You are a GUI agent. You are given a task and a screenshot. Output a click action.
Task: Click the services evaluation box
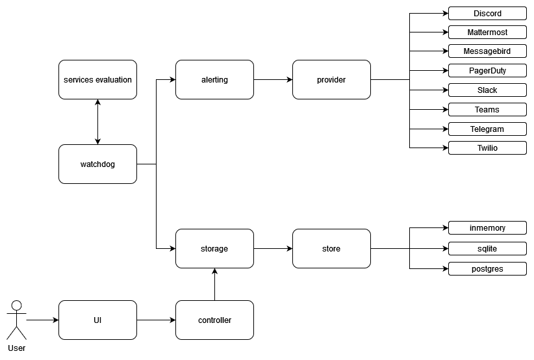[97, 80]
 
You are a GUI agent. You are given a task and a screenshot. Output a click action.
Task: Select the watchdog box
[97, 164]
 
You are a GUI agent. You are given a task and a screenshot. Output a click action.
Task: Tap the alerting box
[214, 80]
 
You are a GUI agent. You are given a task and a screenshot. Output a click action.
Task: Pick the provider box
[331, 80]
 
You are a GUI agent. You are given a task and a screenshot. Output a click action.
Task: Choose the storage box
[214, 248]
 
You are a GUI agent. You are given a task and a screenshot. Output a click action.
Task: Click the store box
[331, 248]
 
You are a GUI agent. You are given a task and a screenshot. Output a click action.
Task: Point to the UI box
[97, 320]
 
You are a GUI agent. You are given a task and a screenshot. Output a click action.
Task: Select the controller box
[214, 320]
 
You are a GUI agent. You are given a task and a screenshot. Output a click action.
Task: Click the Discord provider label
[487, 13]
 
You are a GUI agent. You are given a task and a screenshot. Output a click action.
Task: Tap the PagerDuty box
[487, 70]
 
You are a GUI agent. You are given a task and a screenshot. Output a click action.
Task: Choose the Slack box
[487, 90]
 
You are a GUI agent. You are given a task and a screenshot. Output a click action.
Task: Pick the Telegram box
[487, 129]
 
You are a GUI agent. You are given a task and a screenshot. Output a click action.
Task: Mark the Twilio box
[487, 148]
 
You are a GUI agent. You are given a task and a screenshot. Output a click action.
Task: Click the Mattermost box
[487, 32]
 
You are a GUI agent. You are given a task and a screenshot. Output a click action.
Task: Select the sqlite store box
[487, 248]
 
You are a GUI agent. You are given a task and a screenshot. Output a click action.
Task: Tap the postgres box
[487, 268]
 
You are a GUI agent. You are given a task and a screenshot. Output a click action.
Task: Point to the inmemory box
[487, 228]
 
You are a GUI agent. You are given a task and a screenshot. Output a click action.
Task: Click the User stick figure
[17, 320]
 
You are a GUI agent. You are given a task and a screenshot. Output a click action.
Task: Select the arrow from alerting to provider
[273, 80]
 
